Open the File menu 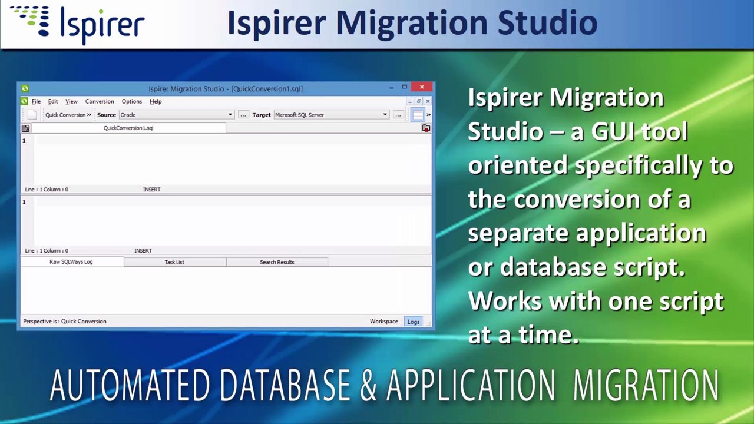[36, 102]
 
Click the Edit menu [53, 102]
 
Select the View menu [71, 102]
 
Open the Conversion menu [100, 102]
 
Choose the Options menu [131, 102]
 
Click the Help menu [156, 102]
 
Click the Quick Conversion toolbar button [68, 115]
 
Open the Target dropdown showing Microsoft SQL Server [331, 115]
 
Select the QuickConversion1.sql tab [128, 128]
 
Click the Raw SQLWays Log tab [71, 262]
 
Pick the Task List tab [174, 262]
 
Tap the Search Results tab [277, 262]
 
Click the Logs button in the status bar [414, 322]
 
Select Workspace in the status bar [383, 322]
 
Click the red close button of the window [422, 87]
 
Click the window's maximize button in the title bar [405, 87]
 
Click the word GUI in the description [613, 131]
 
